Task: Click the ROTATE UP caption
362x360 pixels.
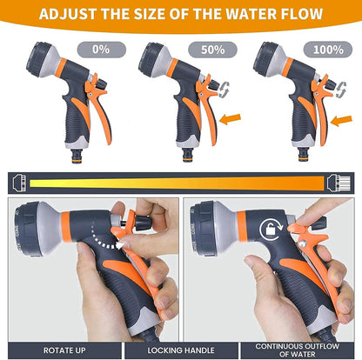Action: point(57,344)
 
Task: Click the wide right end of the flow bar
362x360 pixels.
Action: point(343,181)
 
